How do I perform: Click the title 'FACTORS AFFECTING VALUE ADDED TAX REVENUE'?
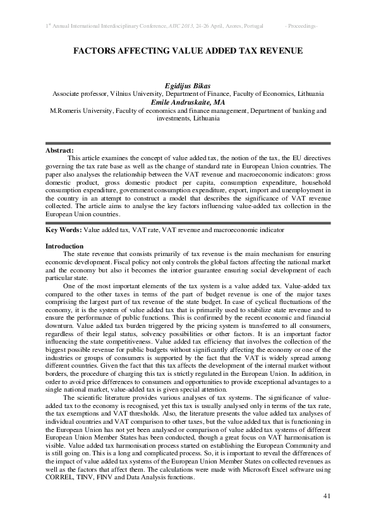point(188,50)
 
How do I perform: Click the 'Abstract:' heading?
point(60,150)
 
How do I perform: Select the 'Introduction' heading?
point(64,246)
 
